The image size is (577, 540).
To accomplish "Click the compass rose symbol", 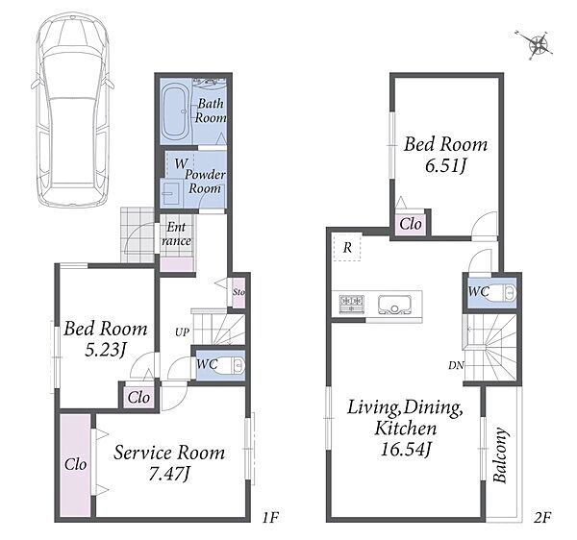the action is click(538, 45).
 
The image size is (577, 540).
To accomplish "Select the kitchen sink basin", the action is click(394, 305).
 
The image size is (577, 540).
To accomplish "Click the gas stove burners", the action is click(352, 305).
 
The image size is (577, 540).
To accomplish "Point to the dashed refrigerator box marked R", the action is click(347, 247).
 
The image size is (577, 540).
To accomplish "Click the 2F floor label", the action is click(542, 518).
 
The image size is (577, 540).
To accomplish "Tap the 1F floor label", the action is click(269, 518).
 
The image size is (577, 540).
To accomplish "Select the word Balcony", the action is click(501, 454).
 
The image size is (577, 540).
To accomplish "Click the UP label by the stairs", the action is click(182, 332).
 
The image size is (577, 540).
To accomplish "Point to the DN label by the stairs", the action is click(456, 365).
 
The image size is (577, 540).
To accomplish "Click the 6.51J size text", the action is click(445, 166).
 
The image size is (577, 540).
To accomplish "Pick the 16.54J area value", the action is click(406, 450).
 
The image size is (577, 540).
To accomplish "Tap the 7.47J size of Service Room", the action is click(169, 475).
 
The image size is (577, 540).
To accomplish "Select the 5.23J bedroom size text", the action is click(106, 350).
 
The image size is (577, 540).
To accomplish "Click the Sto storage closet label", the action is click(238, 292).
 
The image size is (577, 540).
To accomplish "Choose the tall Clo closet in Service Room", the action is click(75, 465).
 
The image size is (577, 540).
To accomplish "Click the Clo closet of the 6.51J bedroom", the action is click(411, 224).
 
